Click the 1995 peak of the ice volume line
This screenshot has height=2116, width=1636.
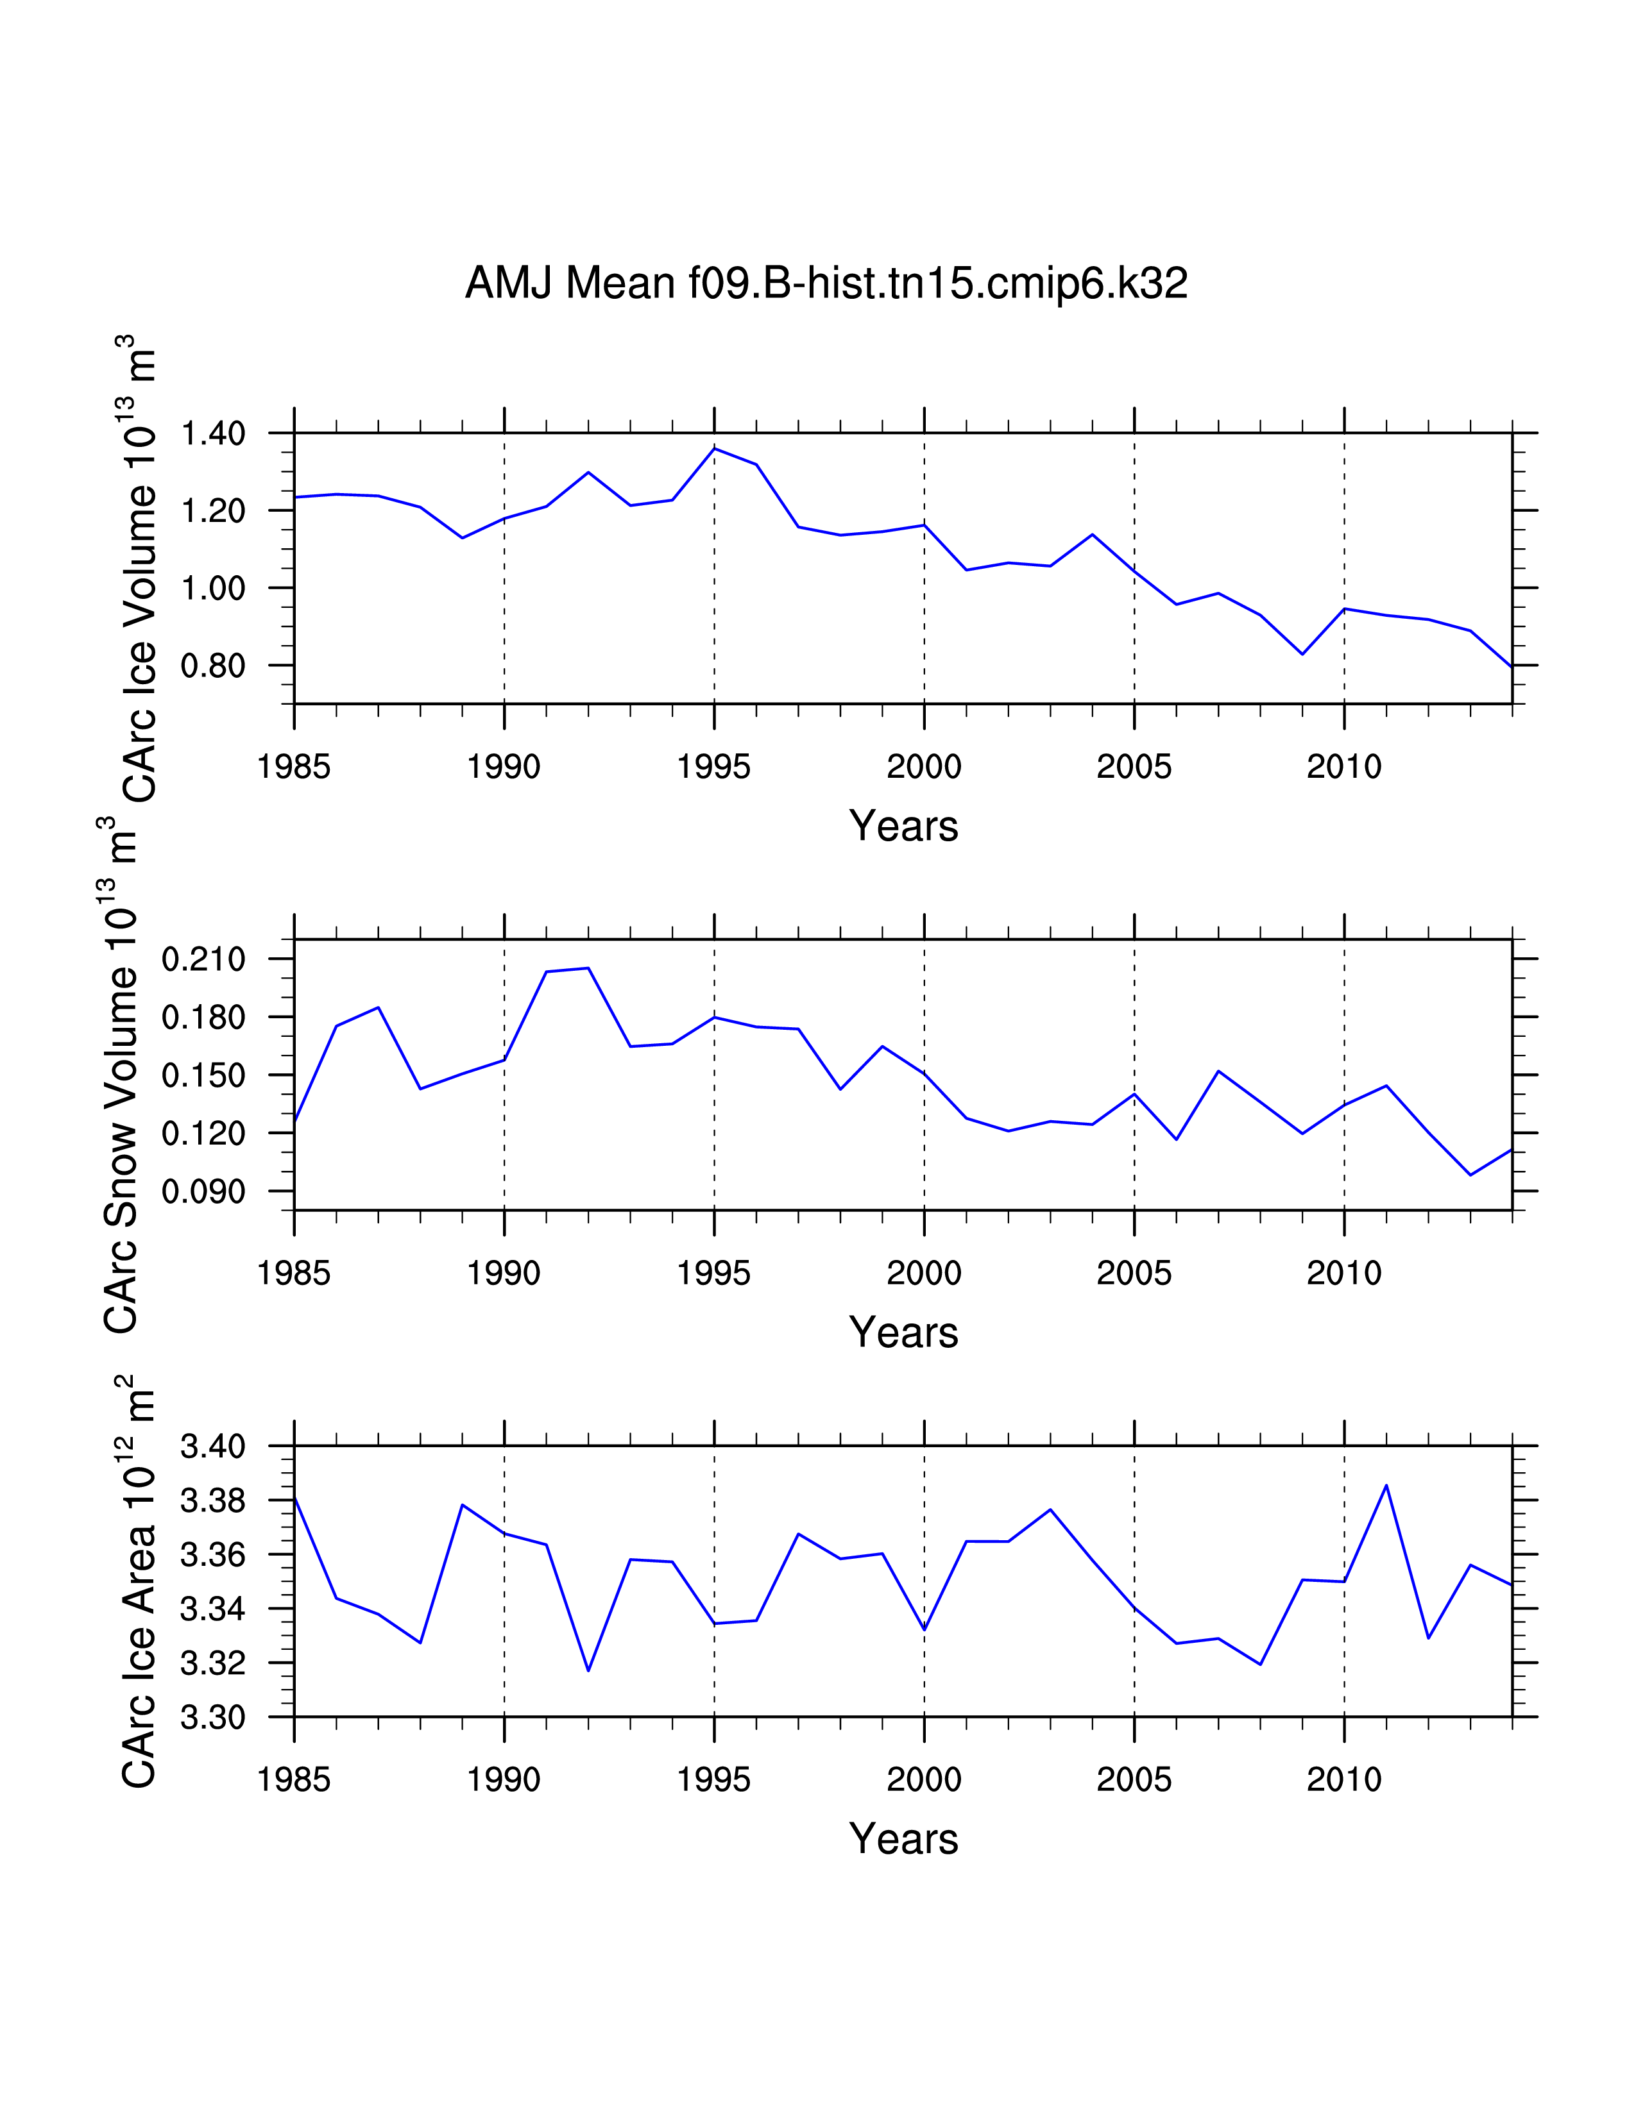(x=714, y=449)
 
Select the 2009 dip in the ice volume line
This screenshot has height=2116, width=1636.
(x=1302, y=654)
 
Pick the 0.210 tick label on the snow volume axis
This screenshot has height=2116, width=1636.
(x=203, y=960)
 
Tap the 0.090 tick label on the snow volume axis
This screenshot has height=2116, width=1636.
(x=203, y=1192)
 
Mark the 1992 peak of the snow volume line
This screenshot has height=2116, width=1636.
(x=588, y=968)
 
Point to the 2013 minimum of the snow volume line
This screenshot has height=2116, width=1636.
(x=1470, y=1175)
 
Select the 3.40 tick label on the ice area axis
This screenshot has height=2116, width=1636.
(x=213, y=1447)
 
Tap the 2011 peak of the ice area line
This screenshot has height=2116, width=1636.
(x=1386, y=1485)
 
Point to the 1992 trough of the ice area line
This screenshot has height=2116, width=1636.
(x=588, y=1670)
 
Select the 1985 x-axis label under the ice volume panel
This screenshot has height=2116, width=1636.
(x=294, y=768)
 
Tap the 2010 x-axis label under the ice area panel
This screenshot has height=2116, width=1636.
(x=1343, y=1780)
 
